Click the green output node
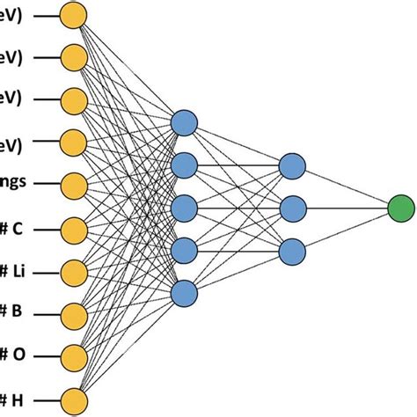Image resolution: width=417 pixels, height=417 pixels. tap(401, 208)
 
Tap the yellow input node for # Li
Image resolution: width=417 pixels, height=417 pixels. tap(75, 269)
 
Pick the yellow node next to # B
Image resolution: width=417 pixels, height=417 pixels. tap(75, 311)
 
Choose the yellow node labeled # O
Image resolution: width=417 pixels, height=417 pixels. tap(75, 354)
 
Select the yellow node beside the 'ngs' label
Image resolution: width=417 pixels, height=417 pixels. tap(75, 184)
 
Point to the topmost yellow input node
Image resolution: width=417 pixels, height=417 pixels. tap(75, 15)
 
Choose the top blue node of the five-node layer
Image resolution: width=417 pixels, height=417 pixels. tap(184, 122)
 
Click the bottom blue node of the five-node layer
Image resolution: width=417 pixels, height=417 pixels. tap(184, 293)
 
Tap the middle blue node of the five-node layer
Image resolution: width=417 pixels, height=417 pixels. tap(184, 208)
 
